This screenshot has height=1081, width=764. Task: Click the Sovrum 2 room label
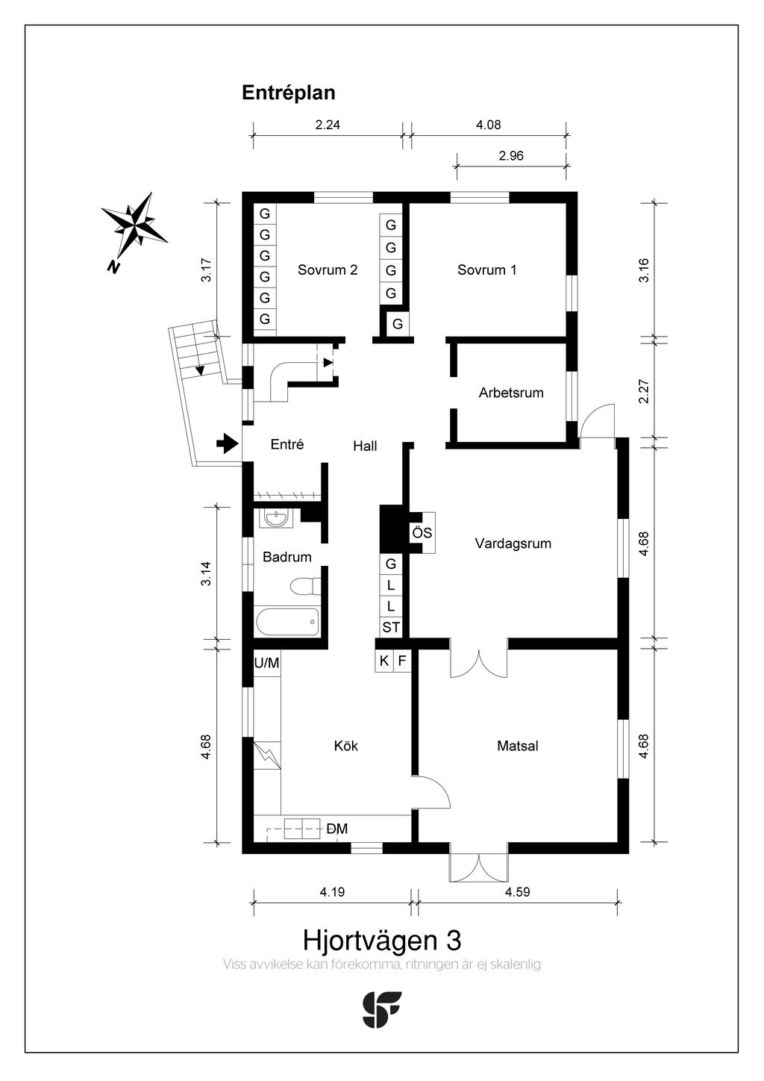tap(328, 270)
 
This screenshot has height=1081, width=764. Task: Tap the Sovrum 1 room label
tap(486, 270)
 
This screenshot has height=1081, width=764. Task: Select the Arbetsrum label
tap(511, 393)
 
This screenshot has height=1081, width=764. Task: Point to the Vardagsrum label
tap(513, 543)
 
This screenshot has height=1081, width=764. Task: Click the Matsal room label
tap(518, 746)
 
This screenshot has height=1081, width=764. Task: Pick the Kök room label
tap(346, 746)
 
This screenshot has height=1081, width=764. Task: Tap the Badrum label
tap(287, 557)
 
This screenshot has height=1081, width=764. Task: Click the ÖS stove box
tap(422, 533)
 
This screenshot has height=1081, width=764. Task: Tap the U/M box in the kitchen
tap(266, 663)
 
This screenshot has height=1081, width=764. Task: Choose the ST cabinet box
tap(391, 628)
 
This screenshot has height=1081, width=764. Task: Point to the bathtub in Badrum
tap(288, 621)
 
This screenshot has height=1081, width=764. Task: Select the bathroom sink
tap(276, 517)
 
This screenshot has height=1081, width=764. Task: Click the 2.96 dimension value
tap(511, 156)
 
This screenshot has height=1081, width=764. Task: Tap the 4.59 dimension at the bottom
tap(517, 891)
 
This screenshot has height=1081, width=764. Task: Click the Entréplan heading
tap(289, 93)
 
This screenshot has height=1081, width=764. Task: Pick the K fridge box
tap(384, 661)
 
